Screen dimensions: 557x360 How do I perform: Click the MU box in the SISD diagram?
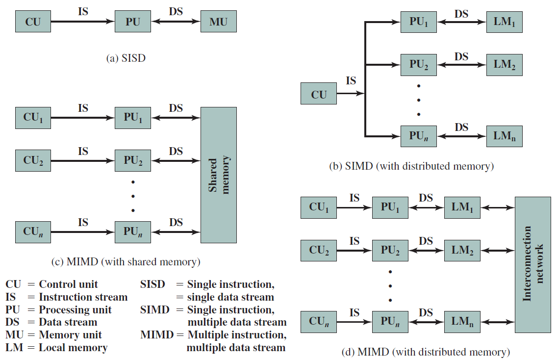(219, 21)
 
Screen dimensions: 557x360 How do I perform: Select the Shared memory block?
(219, 175)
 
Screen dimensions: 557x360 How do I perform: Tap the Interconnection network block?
(533, 265)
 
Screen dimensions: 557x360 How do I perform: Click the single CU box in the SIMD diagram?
(319, 94)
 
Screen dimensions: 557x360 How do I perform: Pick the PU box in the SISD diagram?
(133, 21)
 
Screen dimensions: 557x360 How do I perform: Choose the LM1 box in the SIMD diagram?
(505, 22)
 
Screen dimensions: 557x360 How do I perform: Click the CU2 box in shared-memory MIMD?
(33, 161)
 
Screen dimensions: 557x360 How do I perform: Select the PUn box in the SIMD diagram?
(418, 136)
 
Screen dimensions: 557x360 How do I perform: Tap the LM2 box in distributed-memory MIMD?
(462, 251)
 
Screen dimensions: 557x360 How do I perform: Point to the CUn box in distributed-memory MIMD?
(319, 322)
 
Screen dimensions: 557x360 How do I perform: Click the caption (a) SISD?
(126, 58)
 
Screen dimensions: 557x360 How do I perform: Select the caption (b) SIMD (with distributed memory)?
(411, 166)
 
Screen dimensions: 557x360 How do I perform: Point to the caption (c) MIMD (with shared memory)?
(126, 262)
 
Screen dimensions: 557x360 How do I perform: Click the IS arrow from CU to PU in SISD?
(83, 21)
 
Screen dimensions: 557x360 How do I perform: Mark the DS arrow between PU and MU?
(176, 21)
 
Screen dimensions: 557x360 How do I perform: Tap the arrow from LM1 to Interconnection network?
(498, 207)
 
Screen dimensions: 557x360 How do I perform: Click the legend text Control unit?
(68, 284)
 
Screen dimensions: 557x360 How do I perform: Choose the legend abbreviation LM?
(14, 348)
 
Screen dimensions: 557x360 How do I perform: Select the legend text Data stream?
(68, 322)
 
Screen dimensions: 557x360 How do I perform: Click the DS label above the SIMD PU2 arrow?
(461, 56)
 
